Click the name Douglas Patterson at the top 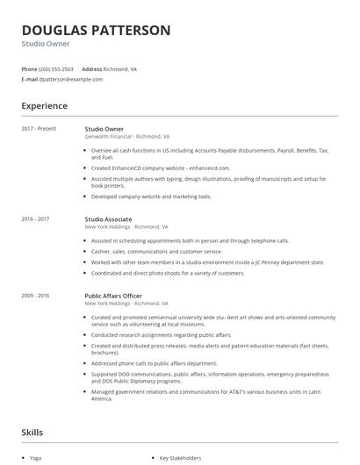pyautogui.click(x=96, y=30)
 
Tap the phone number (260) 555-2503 pyautogui.click(x=56, y=68)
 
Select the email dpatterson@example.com pyautogui.click(x=71, y=79)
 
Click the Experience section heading pyautogui.click(x=44, y=106)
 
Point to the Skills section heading pyautogui.click(x=33, y=433)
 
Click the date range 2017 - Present pyautogui.click(x=39, y=129)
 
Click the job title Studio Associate pyautogui.click(x=108, y=218)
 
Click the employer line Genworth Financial pyautogui.click(x=109, y=137)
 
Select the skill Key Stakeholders pyautogui.click(x=180, y=457)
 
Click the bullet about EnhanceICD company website pyautogui.click(x=161, y=168)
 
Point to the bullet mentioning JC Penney pyautogui.click(x=207, y=261)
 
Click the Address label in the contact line pyautogui.click(x=91, y=68)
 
